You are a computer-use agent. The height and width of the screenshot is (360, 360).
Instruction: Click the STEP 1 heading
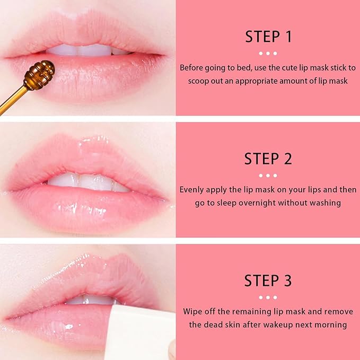point(268,37)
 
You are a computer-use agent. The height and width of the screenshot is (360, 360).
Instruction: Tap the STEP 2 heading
point(268,159)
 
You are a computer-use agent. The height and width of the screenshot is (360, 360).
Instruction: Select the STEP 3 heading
point(268,280)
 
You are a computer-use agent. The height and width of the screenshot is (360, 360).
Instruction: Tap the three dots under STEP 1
point(268,53)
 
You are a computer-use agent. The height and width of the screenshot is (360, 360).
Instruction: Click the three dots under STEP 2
point(268,175)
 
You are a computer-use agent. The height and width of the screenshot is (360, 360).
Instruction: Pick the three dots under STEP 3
point(268,297)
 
